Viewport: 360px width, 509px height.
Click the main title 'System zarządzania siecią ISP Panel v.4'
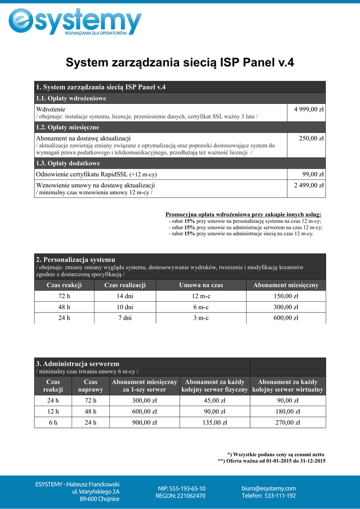180,62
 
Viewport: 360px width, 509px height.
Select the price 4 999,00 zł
309,109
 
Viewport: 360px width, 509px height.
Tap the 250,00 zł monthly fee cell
311,138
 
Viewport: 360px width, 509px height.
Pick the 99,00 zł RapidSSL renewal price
313,174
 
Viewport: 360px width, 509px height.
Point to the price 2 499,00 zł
309,185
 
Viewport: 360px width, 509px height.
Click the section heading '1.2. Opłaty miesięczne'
67,128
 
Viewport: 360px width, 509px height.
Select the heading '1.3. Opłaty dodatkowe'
68,164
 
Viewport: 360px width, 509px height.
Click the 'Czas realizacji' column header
125,285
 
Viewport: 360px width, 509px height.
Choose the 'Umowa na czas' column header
201,285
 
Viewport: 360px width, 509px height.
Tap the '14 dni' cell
125,296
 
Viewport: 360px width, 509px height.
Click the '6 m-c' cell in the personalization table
201,307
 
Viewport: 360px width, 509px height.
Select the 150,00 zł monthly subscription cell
286,296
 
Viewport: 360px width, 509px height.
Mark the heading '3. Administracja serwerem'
78,364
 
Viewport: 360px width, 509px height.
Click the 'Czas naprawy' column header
90,386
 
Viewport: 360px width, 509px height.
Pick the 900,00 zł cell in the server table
144,423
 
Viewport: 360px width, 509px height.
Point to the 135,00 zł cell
215,423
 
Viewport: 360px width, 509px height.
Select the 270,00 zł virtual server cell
288,423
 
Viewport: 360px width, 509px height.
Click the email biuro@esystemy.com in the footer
269,488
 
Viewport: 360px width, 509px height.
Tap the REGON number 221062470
180,496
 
